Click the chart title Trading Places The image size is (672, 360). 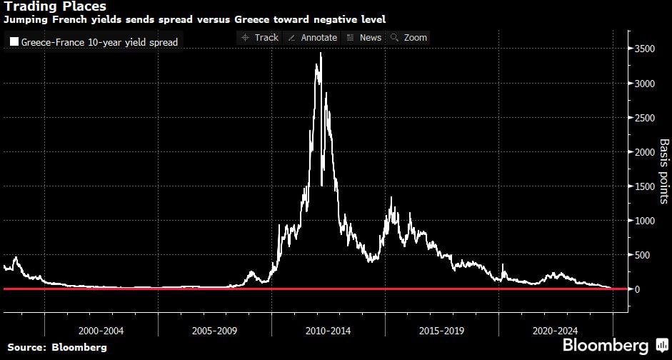[55, 6]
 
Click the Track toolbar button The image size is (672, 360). [260, 37]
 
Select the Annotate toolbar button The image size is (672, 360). [312, 37]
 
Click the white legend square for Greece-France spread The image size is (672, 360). [14, 42]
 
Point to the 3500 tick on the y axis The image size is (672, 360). [646, 49]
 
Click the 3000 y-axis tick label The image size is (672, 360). [646, 84]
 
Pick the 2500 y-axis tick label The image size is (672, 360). [646, 118]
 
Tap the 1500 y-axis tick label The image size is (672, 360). [646, 186]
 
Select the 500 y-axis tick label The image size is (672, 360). [643, 255]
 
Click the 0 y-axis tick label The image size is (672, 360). [637, 289]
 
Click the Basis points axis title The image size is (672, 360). [663, 171]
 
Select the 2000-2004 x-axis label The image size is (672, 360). [101, 331]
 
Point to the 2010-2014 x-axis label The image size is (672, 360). [329, 331]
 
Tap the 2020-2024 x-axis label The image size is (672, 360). [556, 331]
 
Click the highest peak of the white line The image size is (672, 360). [321, 54]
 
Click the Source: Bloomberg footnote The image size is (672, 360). [57, 347]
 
